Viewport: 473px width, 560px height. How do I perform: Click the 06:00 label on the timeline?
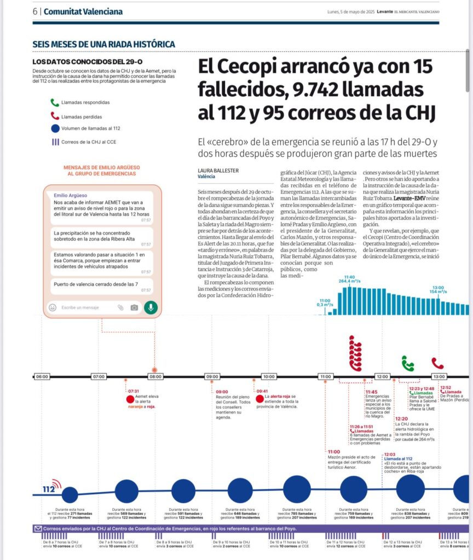(42, 377)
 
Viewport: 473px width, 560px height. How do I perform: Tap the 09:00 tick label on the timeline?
(212, 377)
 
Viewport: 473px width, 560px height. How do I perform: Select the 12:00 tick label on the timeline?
(382, 377)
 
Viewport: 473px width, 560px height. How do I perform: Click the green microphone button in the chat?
(151, 307)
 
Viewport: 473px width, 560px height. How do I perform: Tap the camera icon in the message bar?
(134, 307)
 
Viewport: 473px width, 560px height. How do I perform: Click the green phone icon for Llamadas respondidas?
(54, 102)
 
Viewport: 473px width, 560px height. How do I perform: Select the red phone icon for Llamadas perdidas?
(54, 116)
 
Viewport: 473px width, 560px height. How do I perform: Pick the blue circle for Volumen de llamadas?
(54, 129)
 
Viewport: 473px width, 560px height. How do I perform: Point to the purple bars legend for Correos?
(55, 142)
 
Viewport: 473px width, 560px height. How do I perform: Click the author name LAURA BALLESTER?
(218, 171)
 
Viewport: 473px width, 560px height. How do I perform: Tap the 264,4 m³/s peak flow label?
(349, 281)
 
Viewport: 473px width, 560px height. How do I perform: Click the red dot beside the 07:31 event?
(130, 399)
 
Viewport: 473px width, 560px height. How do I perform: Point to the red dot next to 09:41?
(259, 399)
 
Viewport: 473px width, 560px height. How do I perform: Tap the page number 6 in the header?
(35, 11)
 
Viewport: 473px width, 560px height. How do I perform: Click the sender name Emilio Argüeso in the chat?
(70, 195)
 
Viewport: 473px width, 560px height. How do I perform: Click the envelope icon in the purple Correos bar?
(38, 529)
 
